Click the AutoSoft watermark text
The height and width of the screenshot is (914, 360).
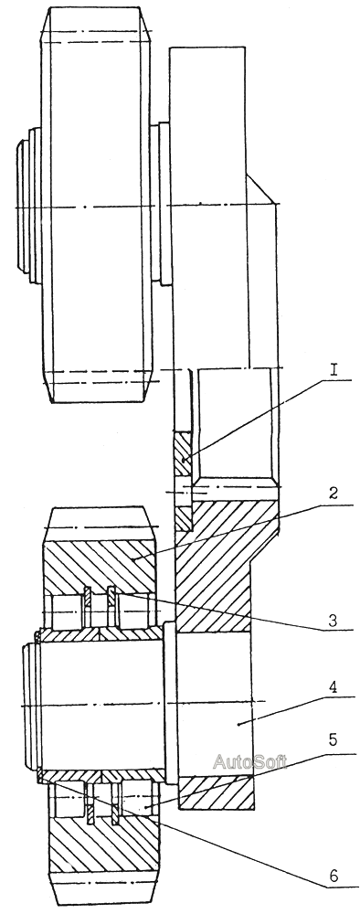(249, 761)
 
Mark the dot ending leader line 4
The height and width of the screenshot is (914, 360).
(239, 723)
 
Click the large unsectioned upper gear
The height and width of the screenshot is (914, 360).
(98, 205)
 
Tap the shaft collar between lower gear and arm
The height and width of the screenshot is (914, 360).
(170, 705)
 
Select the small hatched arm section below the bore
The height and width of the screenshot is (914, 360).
(216, 792)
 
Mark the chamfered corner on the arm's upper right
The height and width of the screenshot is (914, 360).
(261, 189)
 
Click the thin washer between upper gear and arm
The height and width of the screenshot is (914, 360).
(164, 204)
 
